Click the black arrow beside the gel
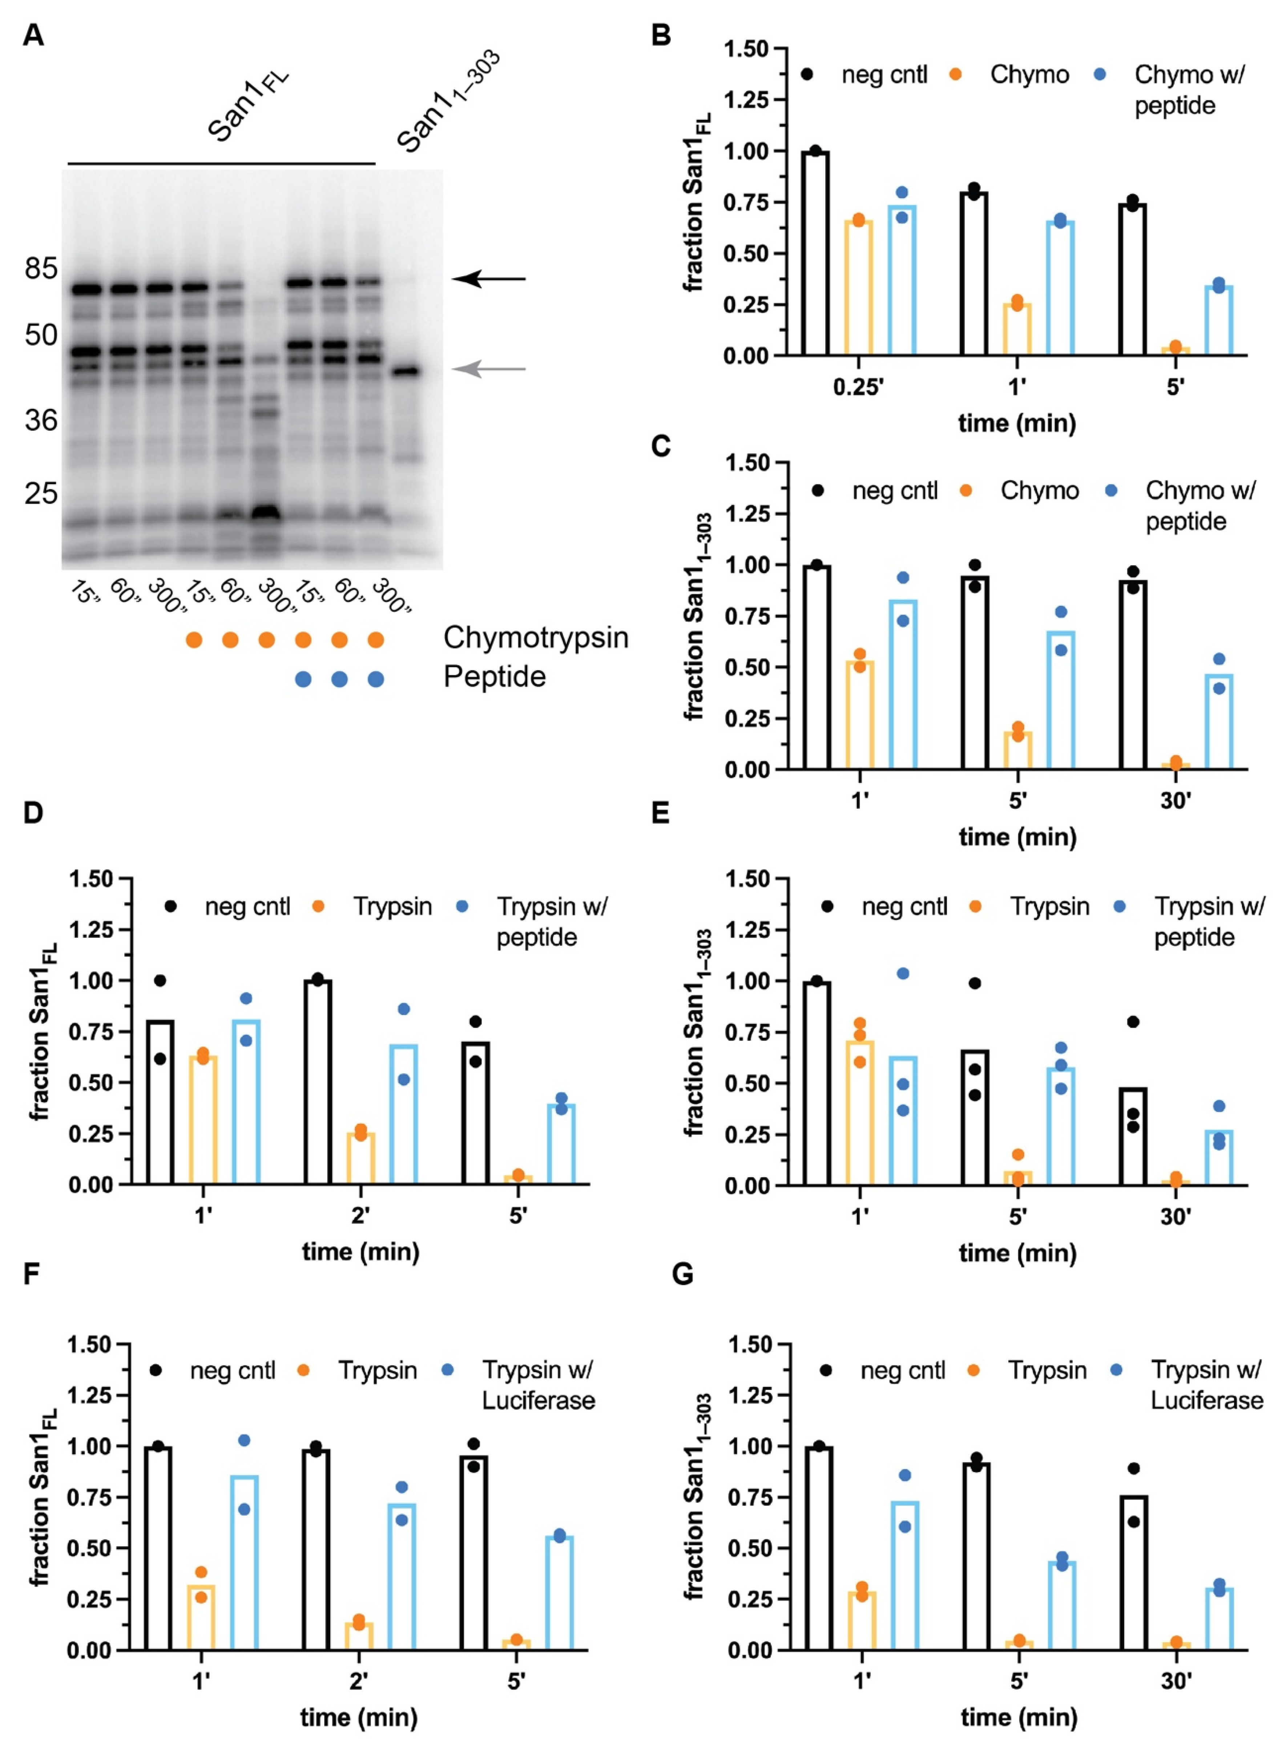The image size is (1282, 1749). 489,278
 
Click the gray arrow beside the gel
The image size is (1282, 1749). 489,369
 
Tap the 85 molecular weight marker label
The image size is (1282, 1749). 41,269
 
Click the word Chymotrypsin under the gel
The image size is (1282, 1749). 536,638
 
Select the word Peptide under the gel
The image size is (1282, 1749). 494,676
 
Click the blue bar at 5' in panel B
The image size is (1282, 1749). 1219,321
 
